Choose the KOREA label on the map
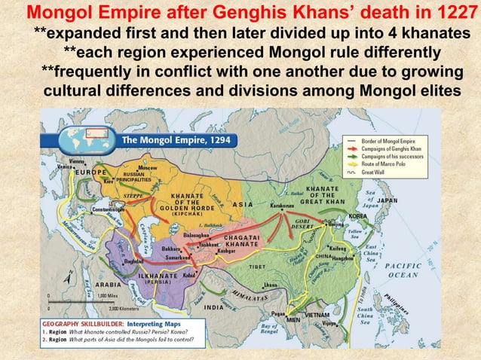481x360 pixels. click(x=357, y=215)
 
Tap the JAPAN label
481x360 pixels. click(x=387, y=201)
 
